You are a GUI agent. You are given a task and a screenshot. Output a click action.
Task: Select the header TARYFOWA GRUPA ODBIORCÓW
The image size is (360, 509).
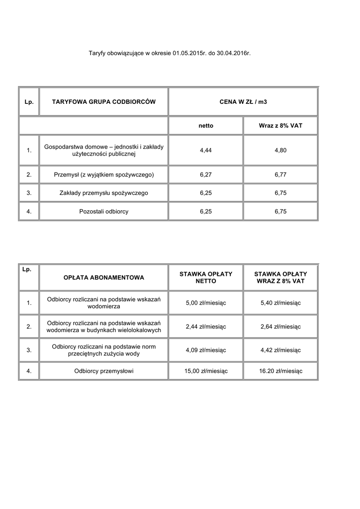[x=104, y=102]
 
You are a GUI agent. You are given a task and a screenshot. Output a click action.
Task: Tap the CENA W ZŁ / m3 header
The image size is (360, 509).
[x=243, y=102]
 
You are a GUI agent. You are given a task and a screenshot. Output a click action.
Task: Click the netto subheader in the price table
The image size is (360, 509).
[x=206, y=126]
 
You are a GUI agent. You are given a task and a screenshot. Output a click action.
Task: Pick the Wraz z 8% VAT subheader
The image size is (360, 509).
[x=280, y=126]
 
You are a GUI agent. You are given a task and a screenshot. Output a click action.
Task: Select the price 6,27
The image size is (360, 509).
[x=206, y=174]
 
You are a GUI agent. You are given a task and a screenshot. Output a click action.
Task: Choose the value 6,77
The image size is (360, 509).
[x=280, y=174]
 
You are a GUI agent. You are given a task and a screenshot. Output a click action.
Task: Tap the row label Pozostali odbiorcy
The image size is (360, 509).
[x=104, y=211]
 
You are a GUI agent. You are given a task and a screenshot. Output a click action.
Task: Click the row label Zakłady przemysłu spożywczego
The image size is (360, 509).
[x=104, y=193]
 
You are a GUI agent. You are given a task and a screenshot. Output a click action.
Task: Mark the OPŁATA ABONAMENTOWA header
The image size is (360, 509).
[x=104, y=277]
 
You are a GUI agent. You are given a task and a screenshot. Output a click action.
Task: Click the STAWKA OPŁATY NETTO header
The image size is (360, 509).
[x=206, y=277]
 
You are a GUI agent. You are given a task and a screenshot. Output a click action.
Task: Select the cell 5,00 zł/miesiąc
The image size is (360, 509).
[x=206, y=303]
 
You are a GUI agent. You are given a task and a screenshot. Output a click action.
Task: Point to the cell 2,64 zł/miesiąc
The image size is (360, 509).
[x=280, y=327]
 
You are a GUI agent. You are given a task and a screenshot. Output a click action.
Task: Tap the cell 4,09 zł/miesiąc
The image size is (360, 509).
[x=206, y=350]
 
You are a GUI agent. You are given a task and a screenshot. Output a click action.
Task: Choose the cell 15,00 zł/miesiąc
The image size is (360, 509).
[x=206, y=371]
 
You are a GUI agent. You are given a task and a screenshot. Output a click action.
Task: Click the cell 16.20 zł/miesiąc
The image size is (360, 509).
[x=280, y=371]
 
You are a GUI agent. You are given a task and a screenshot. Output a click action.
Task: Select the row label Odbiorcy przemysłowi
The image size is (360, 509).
[x=104, y=371]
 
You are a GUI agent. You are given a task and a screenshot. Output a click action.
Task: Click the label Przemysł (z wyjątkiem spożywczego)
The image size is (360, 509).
[x=104, y=174]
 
